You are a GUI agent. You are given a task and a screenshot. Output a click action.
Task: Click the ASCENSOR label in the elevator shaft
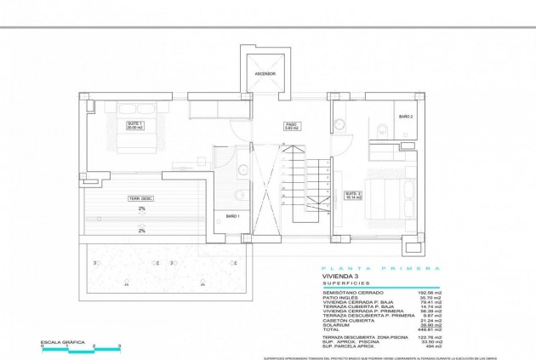point(265,74)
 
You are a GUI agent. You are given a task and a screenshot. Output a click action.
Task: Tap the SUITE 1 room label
point(134,126)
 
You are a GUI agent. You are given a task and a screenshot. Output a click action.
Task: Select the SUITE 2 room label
point(352,195)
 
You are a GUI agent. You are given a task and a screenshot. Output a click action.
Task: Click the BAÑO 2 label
point(406,117)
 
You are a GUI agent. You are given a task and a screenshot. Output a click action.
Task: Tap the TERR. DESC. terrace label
point(141,198)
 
